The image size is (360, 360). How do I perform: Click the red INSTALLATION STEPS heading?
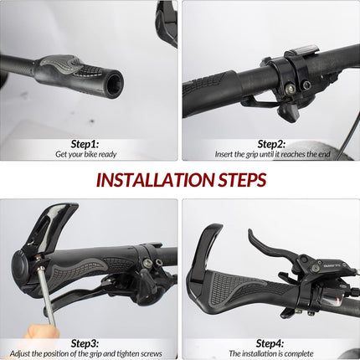click(181, 180)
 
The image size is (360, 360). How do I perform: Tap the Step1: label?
click(85, 144)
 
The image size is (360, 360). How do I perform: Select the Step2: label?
click(271, 144)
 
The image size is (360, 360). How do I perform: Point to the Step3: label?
click(85, 343)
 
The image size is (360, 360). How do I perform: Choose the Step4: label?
click(270, 343)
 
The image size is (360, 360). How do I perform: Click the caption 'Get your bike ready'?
click(86, 154)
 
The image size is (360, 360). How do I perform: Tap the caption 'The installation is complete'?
click(271, 353)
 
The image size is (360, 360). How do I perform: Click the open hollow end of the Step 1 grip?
click(114, 83)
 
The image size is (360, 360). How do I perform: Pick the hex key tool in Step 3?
click(47, 295)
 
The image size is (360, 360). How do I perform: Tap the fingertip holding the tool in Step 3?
click(42, 332)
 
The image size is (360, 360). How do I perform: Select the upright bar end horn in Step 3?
click(51, 224)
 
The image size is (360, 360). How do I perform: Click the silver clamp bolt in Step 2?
click(291, 89)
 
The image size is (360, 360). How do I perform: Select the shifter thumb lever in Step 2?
click(287, 113)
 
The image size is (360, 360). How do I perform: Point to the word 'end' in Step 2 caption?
click(325, 154)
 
